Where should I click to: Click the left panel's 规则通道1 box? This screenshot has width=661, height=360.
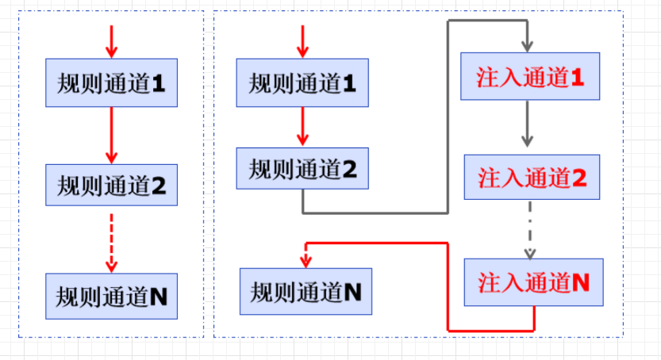point(111,82)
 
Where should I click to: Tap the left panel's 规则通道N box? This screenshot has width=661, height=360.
point(111,296)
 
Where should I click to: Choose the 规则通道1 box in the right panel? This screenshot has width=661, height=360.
point(302,82)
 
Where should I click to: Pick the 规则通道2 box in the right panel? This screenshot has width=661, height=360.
point(302,169)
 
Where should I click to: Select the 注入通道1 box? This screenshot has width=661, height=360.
point(530,77)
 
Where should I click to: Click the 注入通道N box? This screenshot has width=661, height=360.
point(533,283)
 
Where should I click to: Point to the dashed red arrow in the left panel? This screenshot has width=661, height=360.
point(111,242)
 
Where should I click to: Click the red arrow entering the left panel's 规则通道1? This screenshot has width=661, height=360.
point(111,41)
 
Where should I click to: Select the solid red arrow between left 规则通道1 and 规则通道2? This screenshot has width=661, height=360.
point(111,136)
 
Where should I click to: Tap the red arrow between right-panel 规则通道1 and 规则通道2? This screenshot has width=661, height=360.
point(302,127)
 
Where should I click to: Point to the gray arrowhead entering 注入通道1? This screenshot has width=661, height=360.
point(527,47)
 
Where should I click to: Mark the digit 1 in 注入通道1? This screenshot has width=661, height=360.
point(577,77)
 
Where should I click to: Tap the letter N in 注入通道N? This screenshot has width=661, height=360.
point(580,283)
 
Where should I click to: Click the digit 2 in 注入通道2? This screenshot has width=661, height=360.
point(579,178)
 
